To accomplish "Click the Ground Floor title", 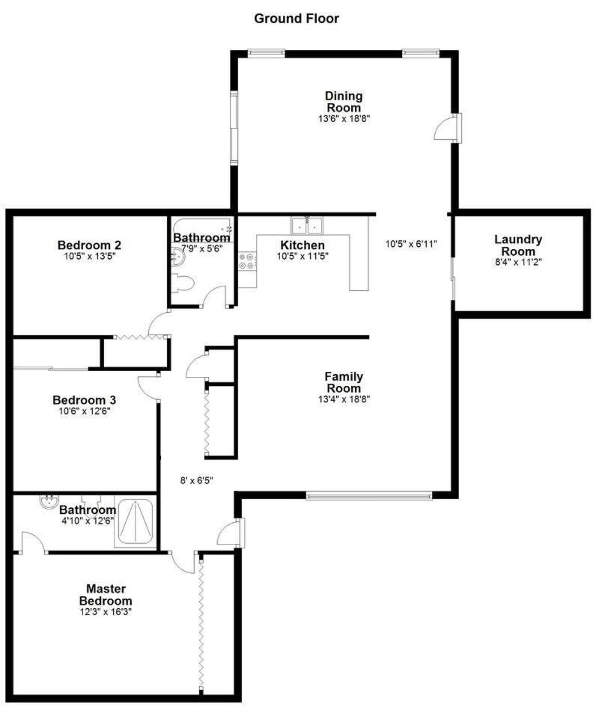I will tap(297, 18).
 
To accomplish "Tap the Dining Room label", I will tap(344, 101).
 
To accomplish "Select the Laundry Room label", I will tap(518, 245).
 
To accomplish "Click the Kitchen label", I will tap(302, 245).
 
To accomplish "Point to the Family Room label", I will tap(344, 382).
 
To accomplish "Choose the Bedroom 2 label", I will tap(90, 245).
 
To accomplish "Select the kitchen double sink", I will tap(307, 224).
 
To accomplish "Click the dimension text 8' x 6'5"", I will tap(196, 480).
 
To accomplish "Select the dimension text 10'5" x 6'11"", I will tap(411, 244).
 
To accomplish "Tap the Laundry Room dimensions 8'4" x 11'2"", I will tap(518, 262).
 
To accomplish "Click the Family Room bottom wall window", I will tap(368, 494).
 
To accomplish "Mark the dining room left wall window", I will tap(234, 128).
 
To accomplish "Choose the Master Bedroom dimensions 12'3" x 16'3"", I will tap(109, 611).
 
